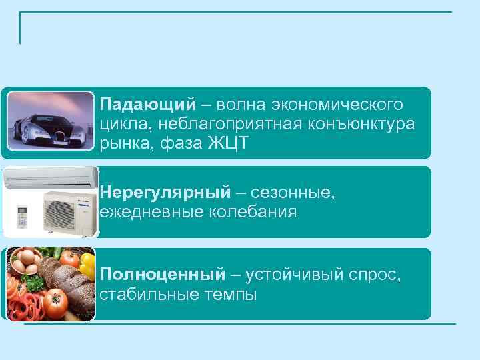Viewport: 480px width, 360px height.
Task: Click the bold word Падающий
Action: [147, 105]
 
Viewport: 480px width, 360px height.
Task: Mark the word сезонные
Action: [293, 193]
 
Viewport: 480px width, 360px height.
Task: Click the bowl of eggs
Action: [27, 261]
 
